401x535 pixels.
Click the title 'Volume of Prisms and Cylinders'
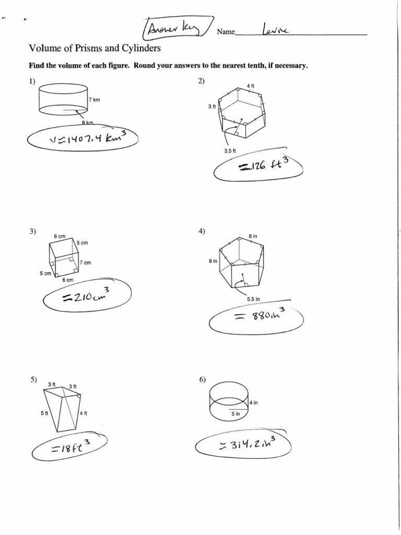94,49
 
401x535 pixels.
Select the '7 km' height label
94,99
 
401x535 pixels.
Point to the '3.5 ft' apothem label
231,151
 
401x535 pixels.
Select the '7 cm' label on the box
85,263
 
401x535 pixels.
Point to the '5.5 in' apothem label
254,299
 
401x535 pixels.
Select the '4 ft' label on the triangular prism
84,413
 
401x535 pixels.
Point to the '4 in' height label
253,403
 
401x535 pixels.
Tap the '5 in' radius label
235,414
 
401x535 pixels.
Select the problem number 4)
202,231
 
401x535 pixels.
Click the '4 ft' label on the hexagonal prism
250,85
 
